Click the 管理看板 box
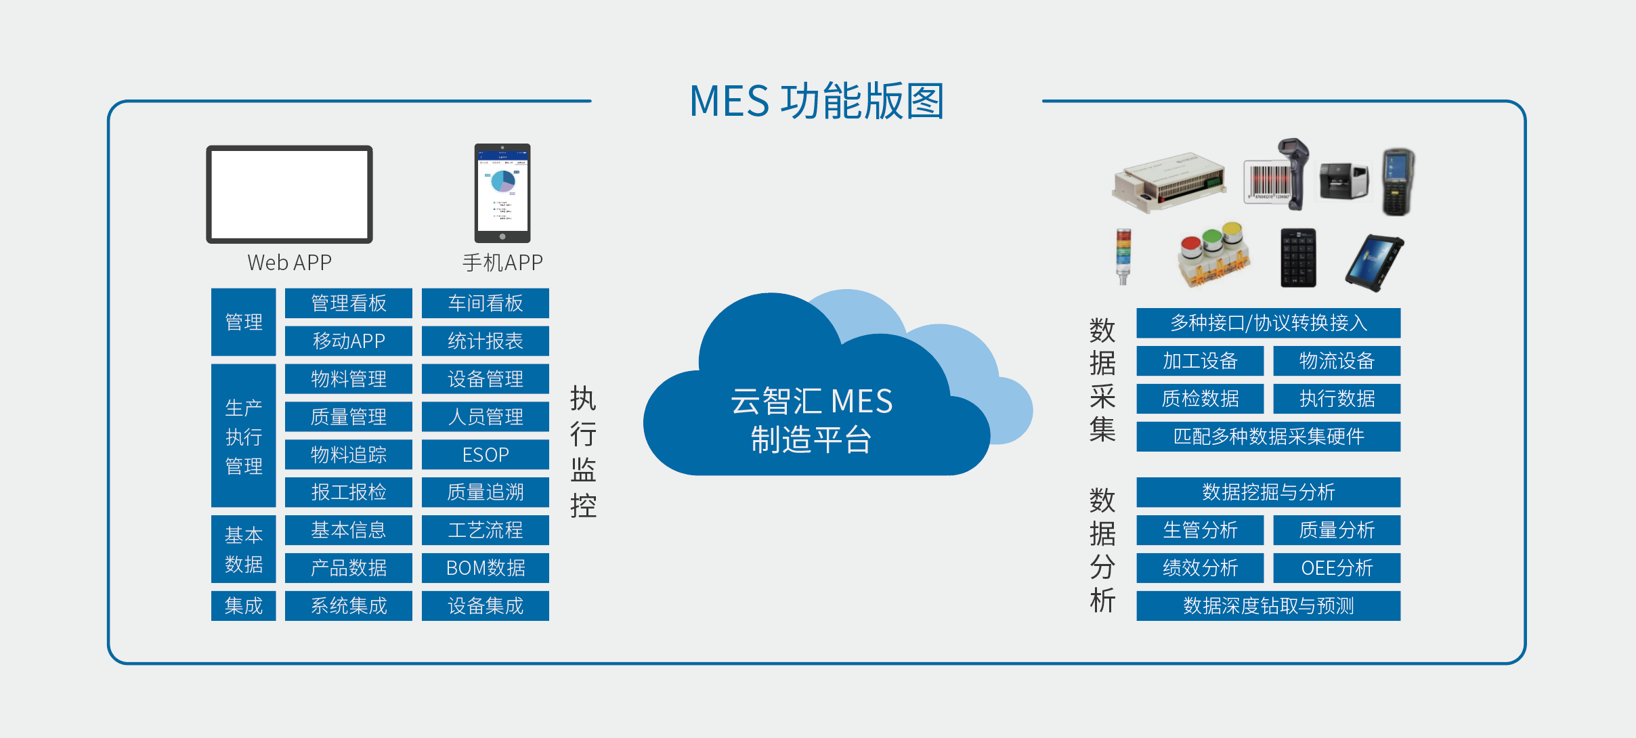348,303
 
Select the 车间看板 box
485,303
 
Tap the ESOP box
485,454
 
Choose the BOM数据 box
485,567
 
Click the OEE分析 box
1336,567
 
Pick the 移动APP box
348,341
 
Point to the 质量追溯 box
485,492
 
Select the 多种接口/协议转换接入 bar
1268,323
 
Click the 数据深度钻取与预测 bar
1268,605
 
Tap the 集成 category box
243,605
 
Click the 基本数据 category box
243,549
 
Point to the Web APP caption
289,263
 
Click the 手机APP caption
502,263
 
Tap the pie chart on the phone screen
503,181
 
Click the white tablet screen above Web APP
289,194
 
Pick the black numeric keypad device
1298,258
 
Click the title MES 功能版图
817,102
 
